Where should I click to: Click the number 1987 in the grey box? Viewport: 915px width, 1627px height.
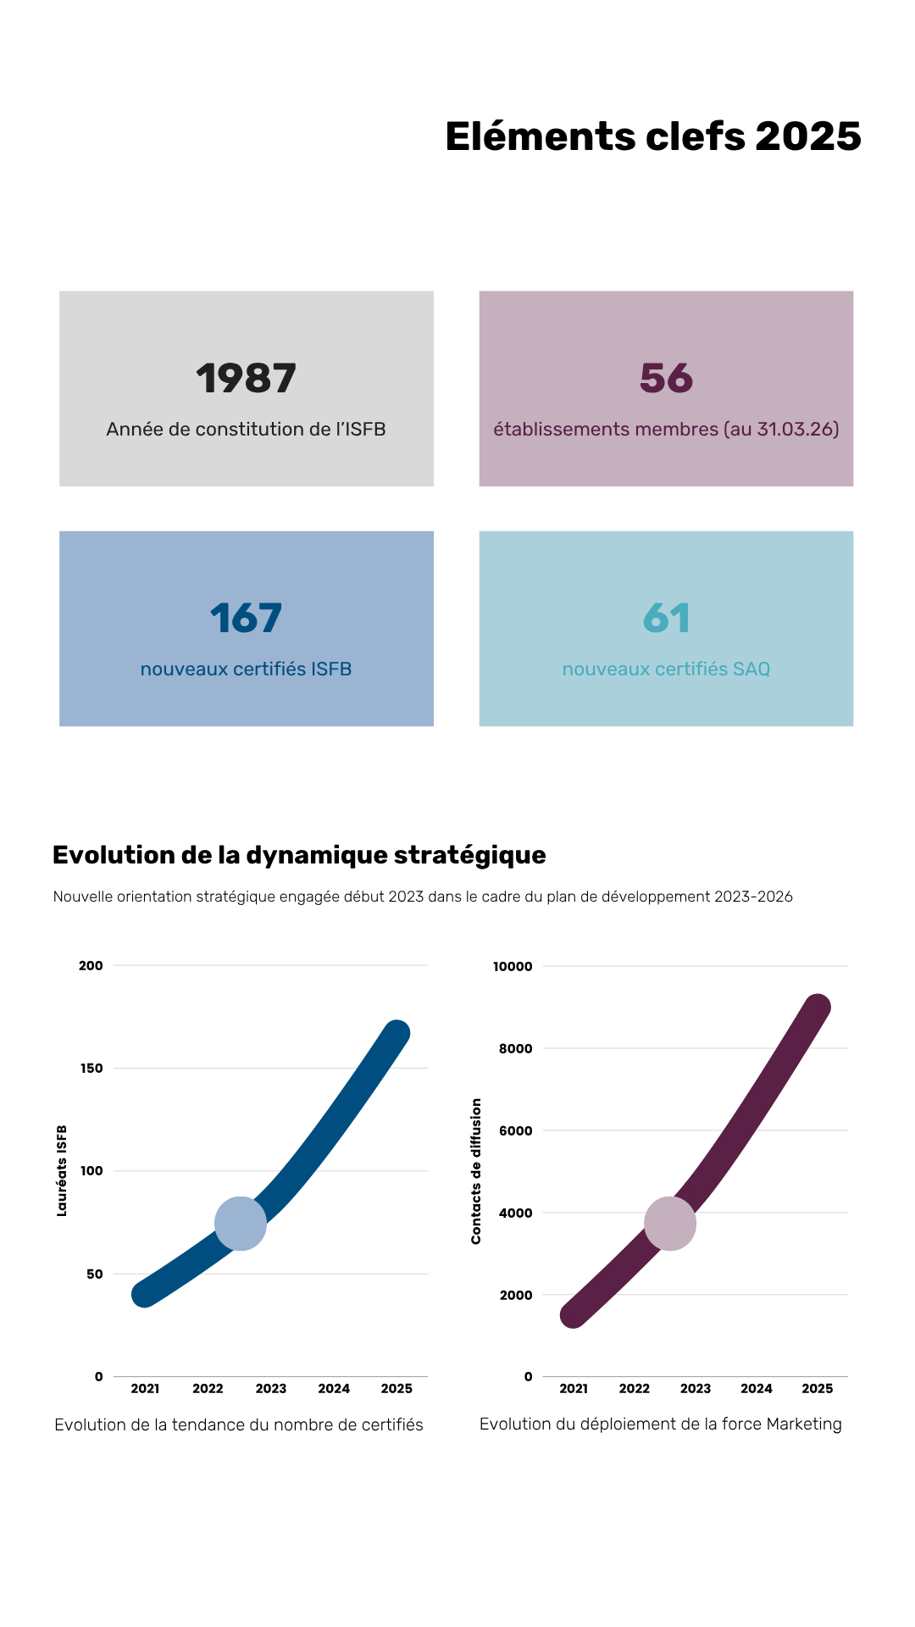click(x=246, y=379)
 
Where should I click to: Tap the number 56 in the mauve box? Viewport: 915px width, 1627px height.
click(x=666, y=379)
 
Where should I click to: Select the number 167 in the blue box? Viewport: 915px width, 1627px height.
click(x=246, y=619)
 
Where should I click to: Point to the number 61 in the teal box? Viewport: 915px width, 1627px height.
click(x=666, y=619)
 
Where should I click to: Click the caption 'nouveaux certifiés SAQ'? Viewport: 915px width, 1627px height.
click(x=666, y=669)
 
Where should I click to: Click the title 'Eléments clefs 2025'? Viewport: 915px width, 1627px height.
click(x=652, y=137)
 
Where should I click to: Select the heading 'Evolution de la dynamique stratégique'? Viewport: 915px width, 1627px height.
click(x=299, y=855)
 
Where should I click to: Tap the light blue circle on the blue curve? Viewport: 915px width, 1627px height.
click(x=241, y=1224)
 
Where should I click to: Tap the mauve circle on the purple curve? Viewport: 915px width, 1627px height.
click(x=670, y=1224)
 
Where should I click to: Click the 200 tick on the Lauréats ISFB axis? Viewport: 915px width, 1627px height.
click(x=91, y=966)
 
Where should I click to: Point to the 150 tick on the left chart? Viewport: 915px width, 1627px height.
click(x=91, y=1069)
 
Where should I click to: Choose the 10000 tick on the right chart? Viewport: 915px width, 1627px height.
click(x=513, y=967)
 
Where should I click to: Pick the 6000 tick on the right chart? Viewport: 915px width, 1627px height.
click(x=515, y=1130)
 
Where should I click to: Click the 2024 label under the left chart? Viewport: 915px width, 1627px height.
click(x=334, y=1389)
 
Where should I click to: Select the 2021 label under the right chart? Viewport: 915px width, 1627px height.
click(x=574, y=1389)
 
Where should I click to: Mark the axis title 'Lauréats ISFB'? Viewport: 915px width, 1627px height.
click(x=62, y=1171)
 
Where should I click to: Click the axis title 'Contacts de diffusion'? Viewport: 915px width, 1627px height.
click(x=476, y=1171)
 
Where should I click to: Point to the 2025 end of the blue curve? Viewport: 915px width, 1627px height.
click(x=396, y=1033)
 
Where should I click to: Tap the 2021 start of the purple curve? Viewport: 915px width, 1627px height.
click(x=574, y=1314)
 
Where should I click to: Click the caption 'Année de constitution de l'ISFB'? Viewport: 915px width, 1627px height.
click(x=246, y=430)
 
